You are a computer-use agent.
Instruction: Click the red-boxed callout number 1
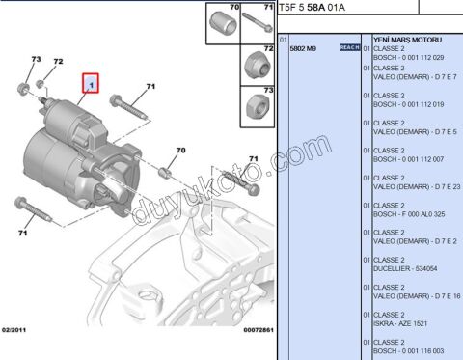click(91, 85)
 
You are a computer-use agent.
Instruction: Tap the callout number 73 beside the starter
click(36, 60)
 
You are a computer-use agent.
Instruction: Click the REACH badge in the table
click(349, 47)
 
